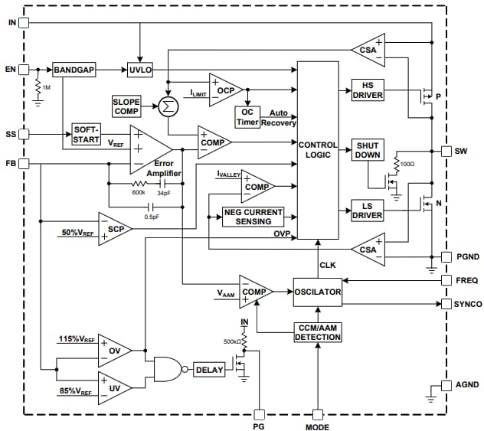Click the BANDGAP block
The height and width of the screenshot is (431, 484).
(74, 70)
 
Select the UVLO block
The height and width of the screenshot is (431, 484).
(140, 70)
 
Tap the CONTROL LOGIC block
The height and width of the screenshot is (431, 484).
(318, 150)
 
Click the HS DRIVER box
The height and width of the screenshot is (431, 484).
(368, 90)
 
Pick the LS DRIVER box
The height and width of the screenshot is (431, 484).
(368, 210)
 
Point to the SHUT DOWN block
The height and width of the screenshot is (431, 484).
(368, 150)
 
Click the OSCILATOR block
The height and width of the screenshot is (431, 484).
(318, 292)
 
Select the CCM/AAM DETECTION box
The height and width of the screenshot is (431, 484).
(318, 333)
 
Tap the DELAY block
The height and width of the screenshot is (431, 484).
(209, 370)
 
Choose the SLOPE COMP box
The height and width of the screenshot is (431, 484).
(126, 106)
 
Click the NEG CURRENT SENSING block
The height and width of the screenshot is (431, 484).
(253, 217)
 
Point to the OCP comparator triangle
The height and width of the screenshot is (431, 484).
(224, 90)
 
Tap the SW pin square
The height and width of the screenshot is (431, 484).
(447, 151)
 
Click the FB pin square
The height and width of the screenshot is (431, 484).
(23, 164)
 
